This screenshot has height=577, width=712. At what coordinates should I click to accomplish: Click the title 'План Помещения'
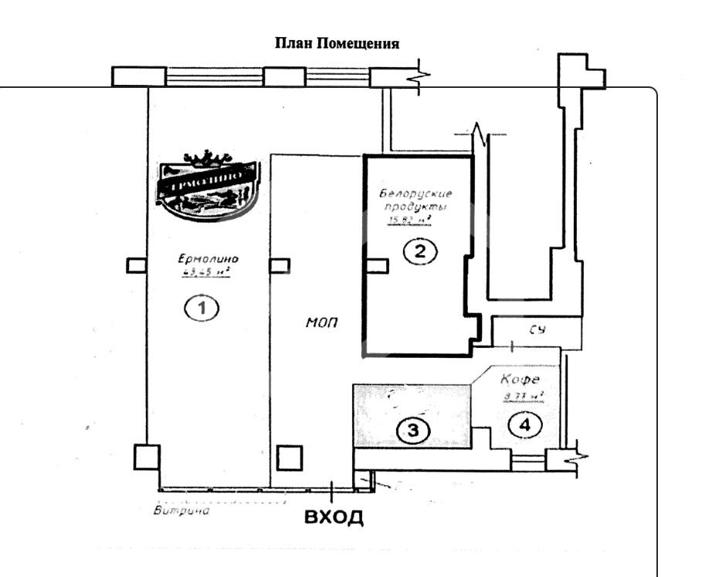coord(337,42)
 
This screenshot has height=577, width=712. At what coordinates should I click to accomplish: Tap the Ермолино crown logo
coord(206,183)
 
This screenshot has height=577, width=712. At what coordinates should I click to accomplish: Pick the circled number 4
coord(525,423)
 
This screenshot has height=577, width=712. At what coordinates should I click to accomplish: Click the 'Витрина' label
coord(182,510)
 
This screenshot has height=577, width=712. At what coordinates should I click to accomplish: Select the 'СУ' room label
coord(538,330)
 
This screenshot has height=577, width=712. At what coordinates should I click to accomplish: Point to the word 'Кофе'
coord(519,380)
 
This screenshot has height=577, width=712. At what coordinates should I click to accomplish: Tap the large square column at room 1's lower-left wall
coord(146,457)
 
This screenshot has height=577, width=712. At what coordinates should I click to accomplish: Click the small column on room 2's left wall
coord(376,265)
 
